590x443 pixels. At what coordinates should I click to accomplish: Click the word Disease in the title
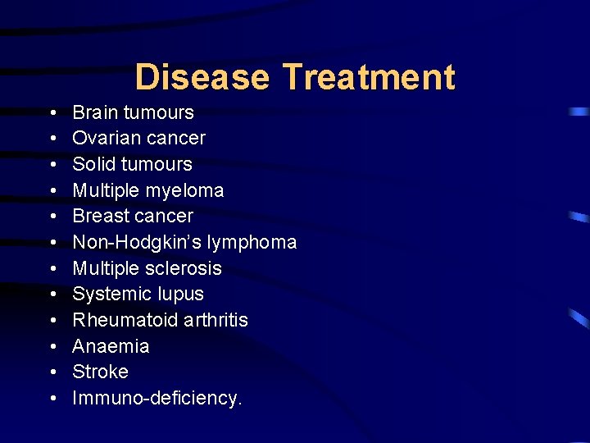202,77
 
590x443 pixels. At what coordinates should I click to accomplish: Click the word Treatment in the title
369,77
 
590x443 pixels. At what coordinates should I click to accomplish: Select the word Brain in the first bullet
95,112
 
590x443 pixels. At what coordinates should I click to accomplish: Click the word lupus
183,295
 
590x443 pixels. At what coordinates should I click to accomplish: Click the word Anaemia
111,346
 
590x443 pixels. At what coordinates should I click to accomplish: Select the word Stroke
100,372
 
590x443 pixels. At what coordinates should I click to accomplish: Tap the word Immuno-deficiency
157,398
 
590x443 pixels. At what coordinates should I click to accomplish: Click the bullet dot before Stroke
52,372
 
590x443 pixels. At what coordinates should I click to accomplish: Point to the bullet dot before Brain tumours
52,113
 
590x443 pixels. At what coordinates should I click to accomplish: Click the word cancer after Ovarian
176,138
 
